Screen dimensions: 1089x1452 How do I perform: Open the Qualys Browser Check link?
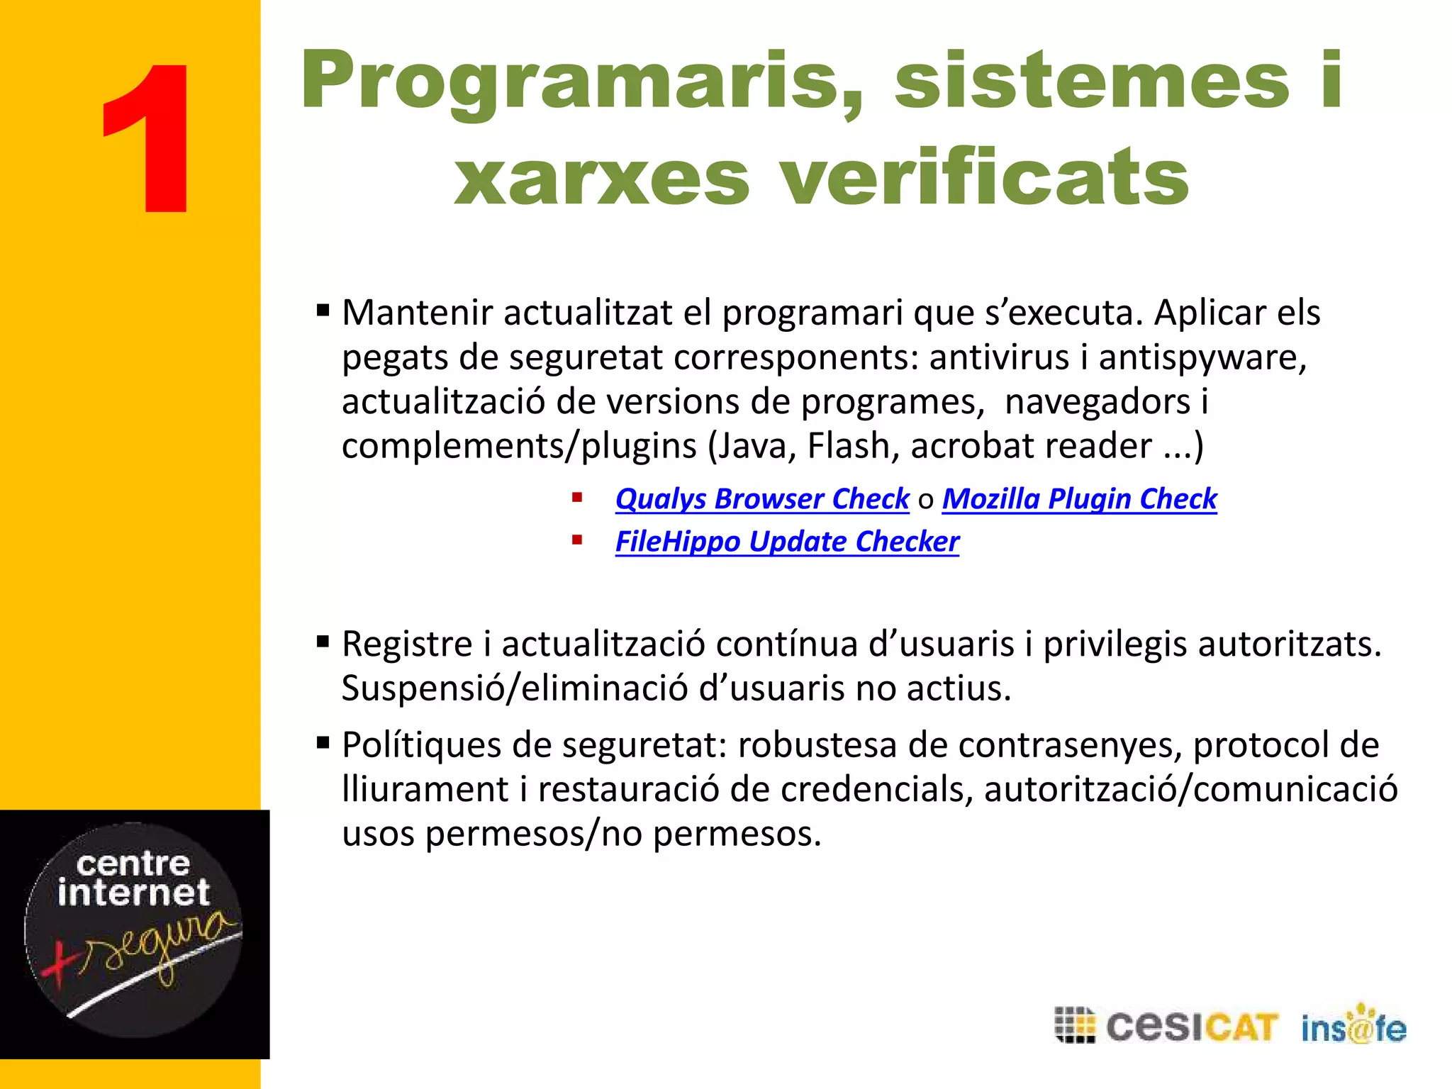762,498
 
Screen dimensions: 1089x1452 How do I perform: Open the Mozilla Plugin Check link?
1079,498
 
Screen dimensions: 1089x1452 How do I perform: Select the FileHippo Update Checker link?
787,542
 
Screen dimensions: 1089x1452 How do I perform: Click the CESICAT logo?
1166,1026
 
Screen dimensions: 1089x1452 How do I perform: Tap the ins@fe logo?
1353,1026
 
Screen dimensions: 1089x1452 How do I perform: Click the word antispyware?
1202,357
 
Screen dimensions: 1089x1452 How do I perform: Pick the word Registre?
407,644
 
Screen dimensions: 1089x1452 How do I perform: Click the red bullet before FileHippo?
577,540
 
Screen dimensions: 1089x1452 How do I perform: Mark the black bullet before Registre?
323,642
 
